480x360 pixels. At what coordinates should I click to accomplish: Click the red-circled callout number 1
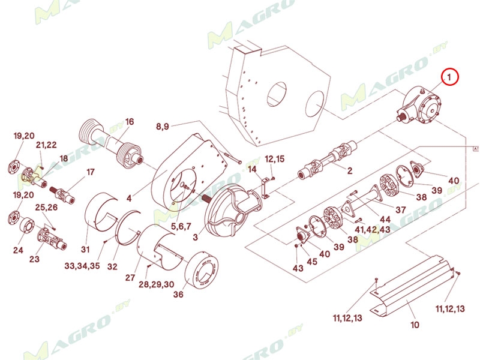pyautogui.click(x=449, y=78)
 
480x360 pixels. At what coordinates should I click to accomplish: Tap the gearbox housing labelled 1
pyautogui.click(x=419, y=106)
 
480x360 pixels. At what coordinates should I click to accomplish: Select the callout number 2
pyautogui.click(x=350, y=171)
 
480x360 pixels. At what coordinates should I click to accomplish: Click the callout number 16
pyautogui.click(x=130, y=122)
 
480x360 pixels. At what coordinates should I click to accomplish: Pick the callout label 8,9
pyautogui.click(x=163, y=127)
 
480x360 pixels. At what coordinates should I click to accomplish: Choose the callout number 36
pyautogui.click(x=178, y=294)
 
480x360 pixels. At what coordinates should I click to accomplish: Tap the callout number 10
pyautogui.click(x=415, y=325)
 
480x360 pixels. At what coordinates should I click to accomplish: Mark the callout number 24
pyautogui.click(x=18, y=250)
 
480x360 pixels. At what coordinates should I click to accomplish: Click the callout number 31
pyautogui.click(x=85, y=250)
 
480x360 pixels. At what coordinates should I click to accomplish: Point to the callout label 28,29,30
pyautogui.click(x=156, y=284)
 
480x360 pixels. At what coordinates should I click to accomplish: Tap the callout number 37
pyautogui.click(x=401, y=209)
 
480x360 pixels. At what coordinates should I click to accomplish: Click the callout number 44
pyautogui.click(x=385, y=219)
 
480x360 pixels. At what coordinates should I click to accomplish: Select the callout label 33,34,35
pyautogui.click(x=82, y=265)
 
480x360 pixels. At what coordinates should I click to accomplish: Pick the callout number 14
pyautogui.click(x=252, y=169)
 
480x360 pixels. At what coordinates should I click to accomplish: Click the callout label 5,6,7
pyautogui.click(x=181, y=226)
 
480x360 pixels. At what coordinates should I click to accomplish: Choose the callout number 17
pyautogui.click(x=91, y=172)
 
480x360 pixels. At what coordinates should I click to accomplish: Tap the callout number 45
pyautogui.click(x=312, y=262)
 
